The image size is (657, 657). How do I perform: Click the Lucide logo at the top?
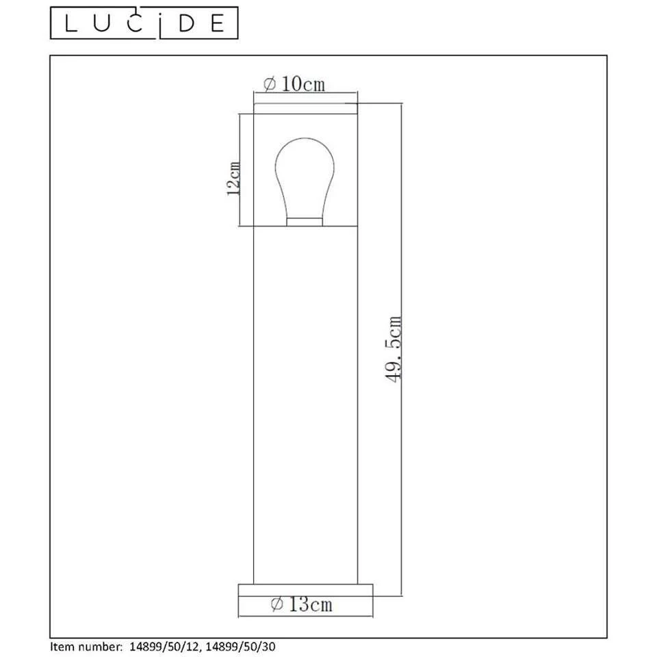(x=145, y=24)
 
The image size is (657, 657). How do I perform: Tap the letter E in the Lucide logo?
(x=217, y=24)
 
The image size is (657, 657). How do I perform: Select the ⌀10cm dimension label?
(x=294, y=84)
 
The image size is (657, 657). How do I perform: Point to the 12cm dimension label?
(x=233, y=179)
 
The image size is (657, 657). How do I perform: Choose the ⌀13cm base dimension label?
(x=302, y=604)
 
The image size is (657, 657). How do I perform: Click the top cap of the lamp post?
(x=305, y=108)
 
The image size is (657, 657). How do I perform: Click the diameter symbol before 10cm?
(x=269, y=84)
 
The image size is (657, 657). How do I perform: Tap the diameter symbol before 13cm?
(x=277, y=604)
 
